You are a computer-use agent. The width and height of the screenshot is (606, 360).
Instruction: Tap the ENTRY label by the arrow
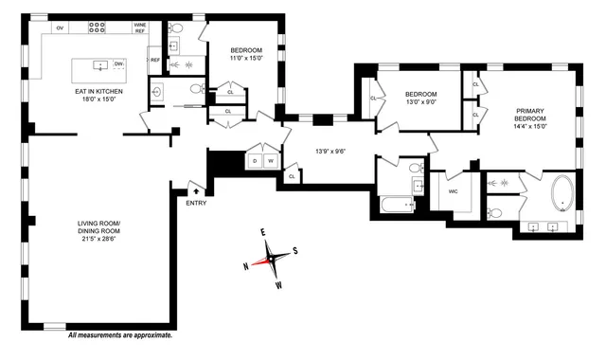point(197,203)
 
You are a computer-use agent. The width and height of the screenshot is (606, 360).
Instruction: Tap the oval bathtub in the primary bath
point(562,192)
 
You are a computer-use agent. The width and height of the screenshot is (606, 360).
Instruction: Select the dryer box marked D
point(254,162)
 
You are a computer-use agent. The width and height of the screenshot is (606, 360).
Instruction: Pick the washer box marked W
point(270,162)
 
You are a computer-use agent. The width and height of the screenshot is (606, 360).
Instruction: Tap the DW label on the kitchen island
point(118,63)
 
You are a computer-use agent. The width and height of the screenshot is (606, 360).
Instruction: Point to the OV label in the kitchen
point(60,28)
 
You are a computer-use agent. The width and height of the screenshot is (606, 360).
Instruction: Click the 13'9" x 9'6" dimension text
point(331,150)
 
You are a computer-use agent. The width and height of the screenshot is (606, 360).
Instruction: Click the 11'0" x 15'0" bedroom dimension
point(244,59)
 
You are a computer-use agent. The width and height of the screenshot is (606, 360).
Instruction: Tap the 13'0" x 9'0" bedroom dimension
point(420,103)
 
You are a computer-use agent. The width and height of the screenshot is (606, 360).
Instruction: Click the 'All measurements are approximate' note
point(120,335)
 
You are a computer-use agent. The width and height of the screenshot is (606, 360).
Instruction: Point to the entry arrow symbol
point(196,191)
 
